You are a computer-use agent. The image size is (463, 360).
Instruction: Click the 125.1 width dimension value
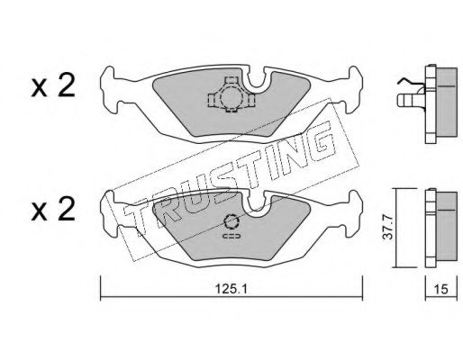(231, 289)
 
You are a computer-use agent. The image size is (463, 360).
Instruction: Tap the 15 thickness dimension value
(440, 289)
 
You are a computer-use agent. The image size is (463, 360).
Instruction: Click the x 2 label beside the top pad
(53, 85)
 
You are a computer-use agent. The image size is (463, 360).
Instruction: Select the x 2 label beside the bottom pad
(53, 210)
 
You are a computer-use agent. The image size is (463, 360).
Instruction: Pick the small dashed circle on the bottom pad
(231, 222)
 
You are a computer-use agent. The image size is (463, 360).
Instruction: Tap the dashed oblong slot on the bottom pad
(231, 236)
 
